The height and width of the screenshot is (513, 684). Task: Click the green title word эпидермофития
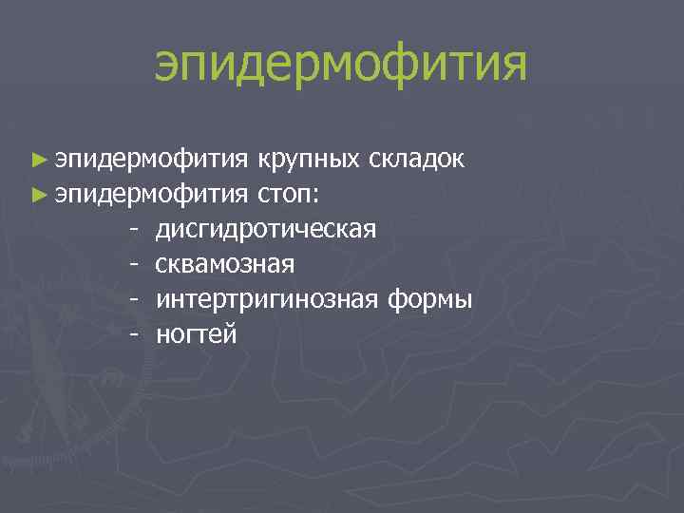click(x=341, y=64)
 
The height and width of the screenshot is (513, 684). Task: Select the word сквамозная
click(x=225, y=265)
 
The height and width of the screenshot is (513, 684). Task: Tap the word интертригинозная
click(x=269, y=300)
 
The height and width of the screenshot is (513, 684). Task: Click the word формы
click(x=430, y=300)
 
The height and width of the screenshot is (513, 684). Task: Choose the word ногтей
click(x=197, y=334)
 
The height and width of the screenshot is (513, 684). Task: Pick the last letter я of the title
click(x=510, y=66)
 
